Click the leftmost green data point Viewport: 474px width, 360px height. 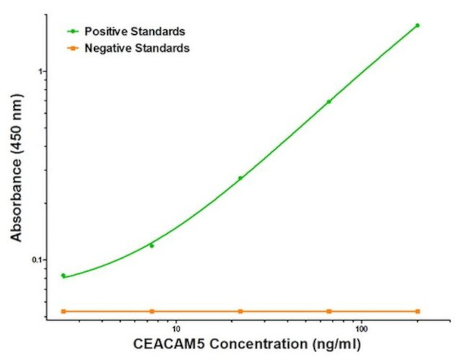click(x=63, y=275)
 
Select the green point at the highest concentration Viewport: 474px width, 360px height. click(x=418, y=26)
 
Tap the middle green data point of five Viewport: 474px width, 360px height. click(x=241, y=178)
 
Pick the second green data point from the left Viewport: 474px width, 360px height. click(x=152, y=246)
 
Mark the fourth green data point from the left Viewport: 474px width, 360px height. click(x=329, y=101)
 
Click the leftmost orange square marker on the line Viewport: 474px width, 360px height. click(x=63, y=311)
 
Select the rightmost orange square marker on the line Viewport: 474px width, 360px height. click(x=418, y=311)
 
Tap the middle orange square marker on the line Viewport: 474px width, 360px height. click(x=241, y=311)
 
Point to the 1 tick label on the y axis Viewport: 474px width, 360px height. click(x=42, y=71)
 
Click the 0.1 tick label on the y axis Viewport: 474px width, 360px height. click(x=38, y=260)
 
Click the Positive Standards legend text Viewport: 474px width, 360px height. click(x=134, y=31)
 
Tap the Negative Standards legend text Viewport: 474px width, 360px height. click(x=137, y=48)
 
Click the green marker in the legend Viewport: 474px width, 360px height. click(x=74, y=31)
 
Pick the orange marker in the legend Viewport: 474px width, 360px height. click(x=74, y=48)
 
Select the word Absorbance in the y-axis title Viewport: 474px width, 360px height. click(x=17, y=200)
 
